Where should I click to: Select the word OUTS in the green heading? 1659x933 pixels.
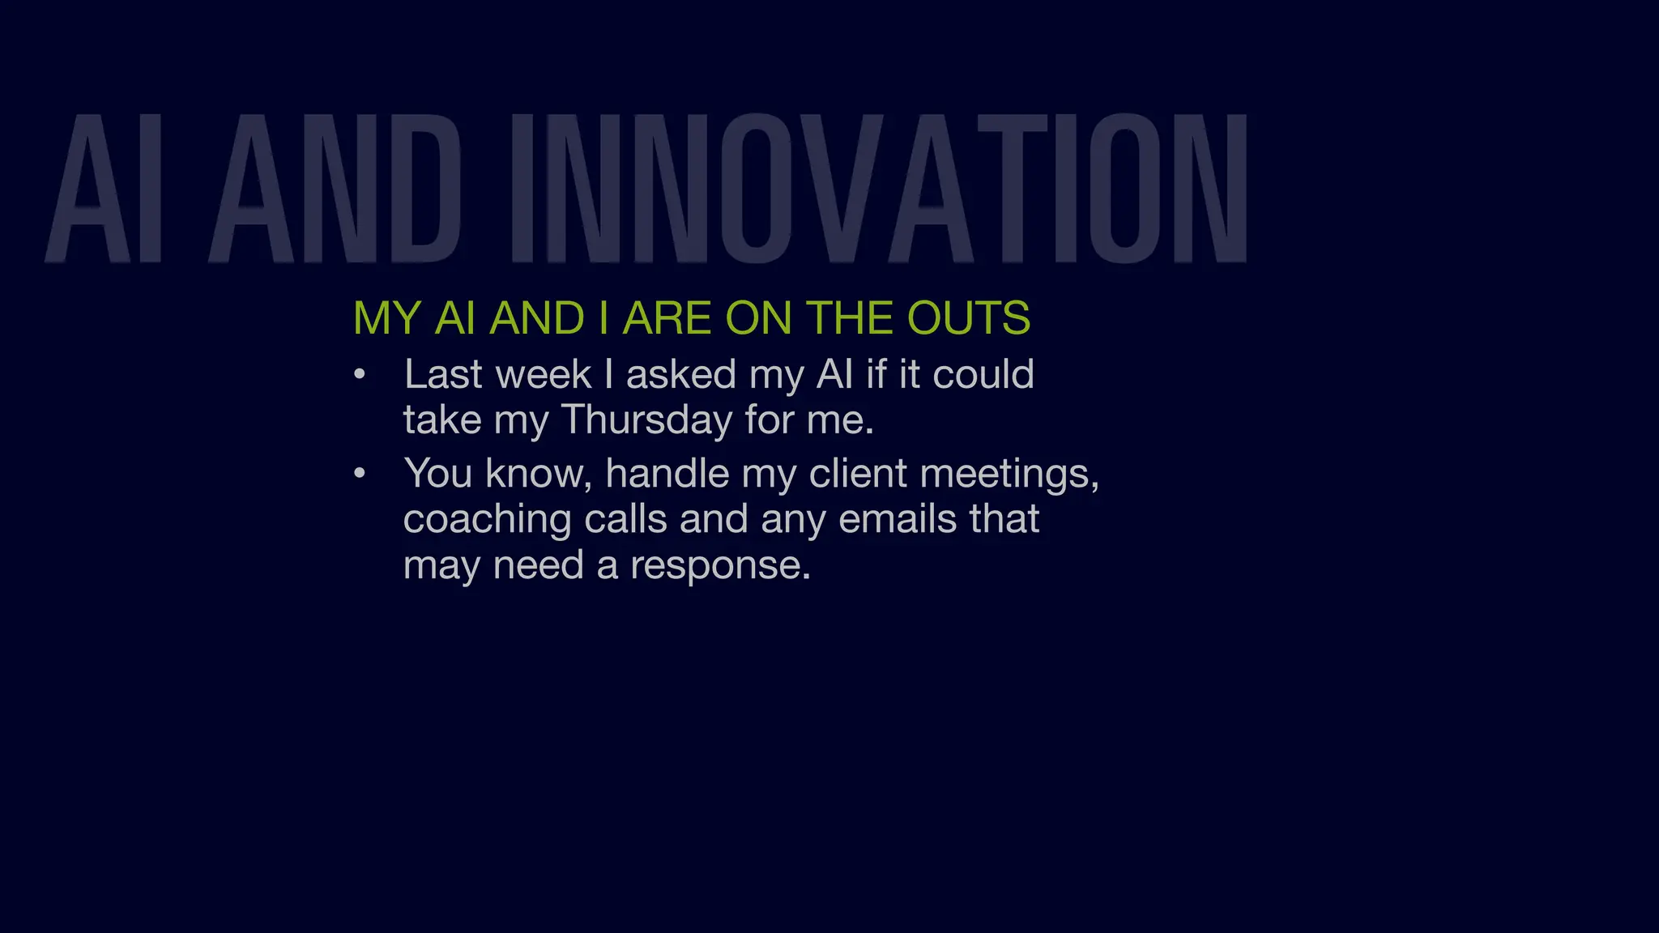coord(968,317)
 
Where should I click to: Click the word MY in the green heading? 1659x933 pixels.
coord(386,317)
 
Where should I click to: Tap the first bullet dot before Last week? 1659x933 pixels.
coord(360,375)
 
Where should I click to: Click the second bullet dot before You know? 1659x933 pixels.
coord(360,474)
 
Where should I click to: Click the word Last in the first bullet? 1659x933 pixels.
coord(443,375)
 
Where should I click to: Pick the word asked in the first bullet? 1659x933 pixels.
coord(680,375)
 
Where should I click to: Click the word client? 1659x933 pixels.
coord(857,474)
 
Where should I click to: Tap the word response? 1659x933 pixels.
coord(719,566)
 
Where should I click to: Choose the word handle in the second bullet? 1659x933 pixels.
coord(667,474)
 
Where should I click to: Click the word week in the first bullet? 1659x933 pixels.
coord(543,375)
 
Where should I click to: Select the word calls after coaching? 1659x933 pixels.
coord(625,519)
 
